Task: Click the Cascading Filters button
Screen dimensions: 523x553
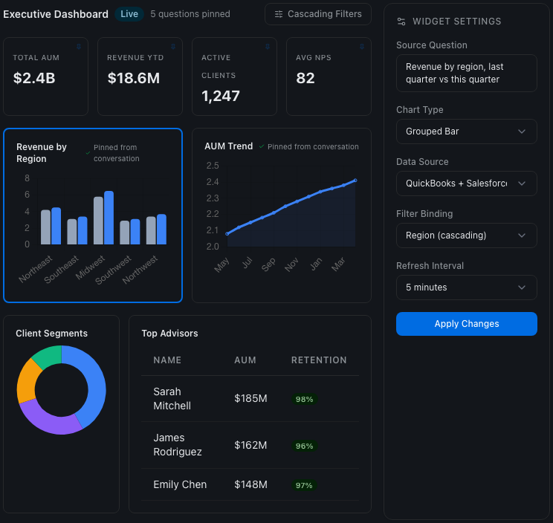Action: pyautogui.click(x=318, y=14)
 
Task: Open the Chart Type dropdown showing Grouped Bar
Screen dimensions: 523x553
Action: pyautogui.click(x=466, y=131)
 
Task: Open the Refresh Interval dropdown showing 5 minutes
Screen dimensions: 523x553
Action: pyautogui.click(x=466, y=288)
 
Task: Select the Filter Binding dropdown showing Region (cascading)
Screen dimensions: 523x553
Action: pyautogui.click(x=466, y=235)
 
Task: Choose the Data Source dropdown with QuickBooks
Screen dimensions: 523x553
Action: pyautogui.click(x=466, y=183)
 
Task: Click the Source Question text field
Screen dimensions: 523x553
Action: pyautogui.click(x=466, y=73)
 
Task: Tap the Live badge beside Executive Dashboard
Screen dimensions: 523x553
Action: pyautogui.click(x=129, y=14)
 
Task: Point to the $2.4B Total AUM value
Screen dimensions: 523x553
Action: pyautogui.click(x=34, y=78)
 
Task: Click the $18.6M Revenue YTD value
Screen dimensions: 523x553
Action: pyautogui.click(x=134, y=78)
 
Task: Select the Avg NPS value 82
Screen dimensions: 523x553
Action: pyautogui.click(x=305, y=78)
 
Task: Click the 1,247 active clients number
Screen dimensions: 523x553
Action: pyautogui.click(x=221, y=96)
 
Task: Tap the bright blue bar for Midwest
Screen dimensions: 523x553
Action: pyautogui.click(x=109, y=218)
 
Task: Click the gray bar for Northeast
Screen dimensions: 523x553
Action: pyautogui.click(x=45, y=227)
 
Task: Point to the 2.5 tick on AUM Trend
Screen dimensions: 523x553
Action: pyautogui.click(x=213, y=166)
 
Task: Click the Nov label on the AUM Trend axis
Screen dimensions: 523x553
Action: pyautogui.click(x=291, y=264)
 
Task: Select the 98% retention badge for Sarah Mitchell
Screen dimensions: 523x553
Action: pyautogui.click(x=304, y=399)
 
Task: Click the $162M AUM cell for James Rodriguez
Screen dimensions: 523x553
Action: pyautogui.click(x=250, y=445)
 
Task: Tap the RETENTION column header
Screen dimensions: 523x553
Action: pyautogui.click(x=319, y=360)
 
